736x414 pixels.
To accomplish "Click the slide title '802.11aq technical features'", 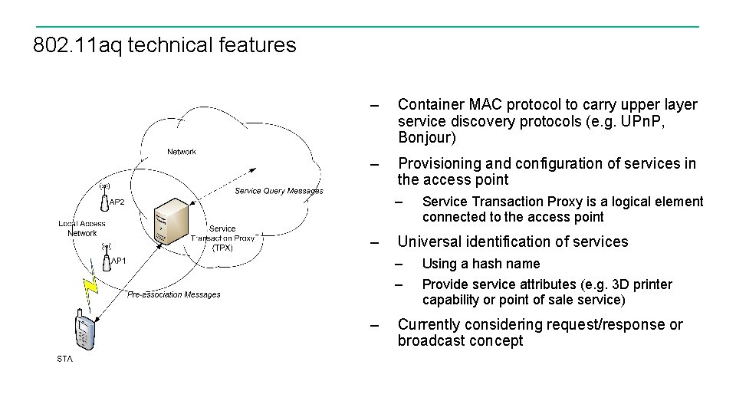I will pos(164,45).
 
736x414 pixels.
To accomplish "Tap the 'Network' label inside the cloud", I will pos(182,152).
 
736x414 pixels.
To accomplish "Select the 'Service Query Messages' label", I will pos(279,191).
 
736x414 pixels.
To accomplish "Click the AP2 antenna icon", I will pos(104,198).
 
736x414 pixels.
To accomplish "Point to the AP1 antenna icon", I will pos(107,257).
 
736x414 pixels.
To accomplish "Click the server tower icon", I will pos(171,223).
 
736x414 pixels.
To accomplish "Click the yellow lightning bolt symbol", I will pos(90,287).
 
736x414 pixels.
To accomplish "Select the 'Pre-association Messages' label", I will pos(174,294).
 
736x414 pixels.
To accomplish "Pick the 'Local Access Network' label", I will pos(82,228).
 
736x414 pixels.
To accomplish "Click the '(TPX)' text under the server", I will pos(222,248).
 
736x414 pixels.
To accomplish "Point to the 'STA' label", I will pos(65,359).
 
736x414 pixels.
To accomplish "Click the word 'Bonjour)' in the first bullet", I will pos(427,138).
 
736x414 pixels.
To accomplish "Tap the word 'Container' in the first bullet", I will pos(431,104).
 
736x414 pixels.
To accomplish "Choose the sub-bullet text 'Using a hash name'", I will pos(481,264).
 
